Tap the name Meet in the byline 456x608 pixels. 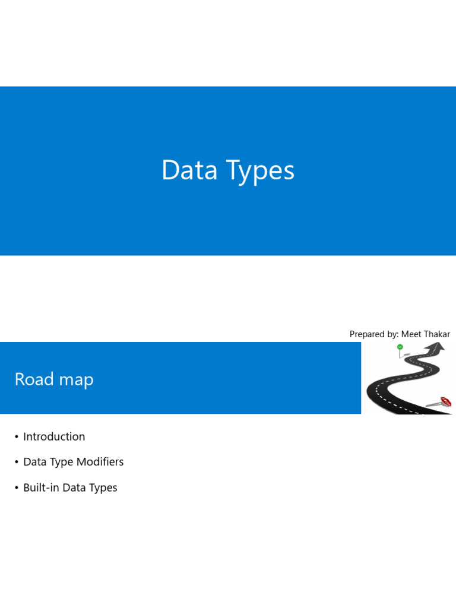click(x=413, y=334)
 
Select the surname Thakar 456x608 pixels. click(x=438, y=334)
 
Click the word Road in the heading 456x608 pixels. click(x=34, y=379)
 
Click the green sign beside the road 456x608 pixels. click(x=400, y=347)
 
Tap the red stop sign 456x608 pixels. click(x=446, y=401)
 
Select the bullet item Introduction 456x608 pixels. click(x=54, y=436)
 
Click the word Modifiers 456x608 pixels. click(x=100, y=461)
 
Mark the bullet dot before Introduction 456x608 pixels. click(x=17, y=437)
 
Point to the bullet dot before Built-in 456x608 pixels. click(x=17, y=488)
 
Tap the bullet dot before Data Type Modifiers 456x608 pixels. click(x=17, y=462)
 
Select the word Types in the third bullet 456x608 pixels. click(x=103, y=488)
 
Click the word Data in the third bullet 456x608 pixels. click(x=74, y=487)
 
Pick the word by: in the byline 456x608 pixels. click(x=393, y=335)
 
